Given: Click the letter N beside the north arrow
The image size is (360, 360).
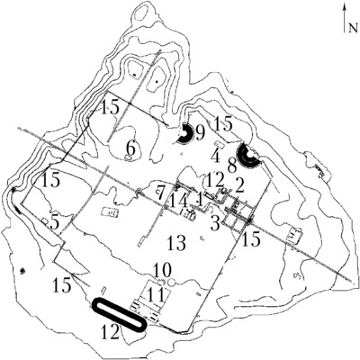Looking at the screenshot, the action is (x=353, y=28).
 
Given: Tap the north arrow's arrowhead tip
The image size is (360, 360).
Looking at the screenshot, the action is (x=346, y=4).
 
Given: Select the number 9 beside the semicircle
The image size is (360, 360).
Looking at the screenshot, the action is (x=200, y=132).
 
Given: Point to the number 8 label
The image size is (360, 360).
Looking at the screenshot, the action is (x=232, y=166).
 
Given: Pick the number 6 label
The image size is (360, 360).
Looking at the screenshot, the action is (x=131, y=148).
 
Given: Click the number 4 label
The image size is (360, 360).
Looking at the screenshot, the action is (x=216, y=157).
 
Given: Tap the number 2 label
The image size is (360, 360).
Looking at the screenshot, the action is (x=239, y=186).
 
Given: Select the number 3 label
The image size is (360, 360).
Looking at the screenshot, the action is (x=215, y=223).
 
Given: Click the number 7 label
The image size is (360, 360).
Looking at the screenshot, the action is (x=161, y=193).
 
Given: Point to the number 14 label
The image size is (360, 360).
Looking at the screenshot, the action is (x=179, y=201).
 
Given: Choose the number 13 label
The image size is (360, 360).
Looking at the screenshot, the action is (x=176, y=243).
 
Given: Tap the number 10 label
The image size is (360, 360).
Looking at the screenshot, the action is (x=162, y=270).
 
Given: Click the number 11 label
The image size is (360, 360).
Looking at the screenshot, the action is (x=156, y=294).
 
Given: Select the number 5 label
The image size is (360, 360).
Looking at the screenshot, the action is (x=54, y=222).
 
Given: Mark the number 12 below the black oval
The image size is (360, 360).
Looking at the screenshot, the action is (x=111, y=332).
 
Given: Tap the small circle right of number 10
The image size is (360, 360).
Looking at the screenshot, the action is (x=172, y=282).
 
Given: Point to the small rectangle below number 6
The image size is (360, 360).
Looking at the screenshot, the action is (x=129, y=157).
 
